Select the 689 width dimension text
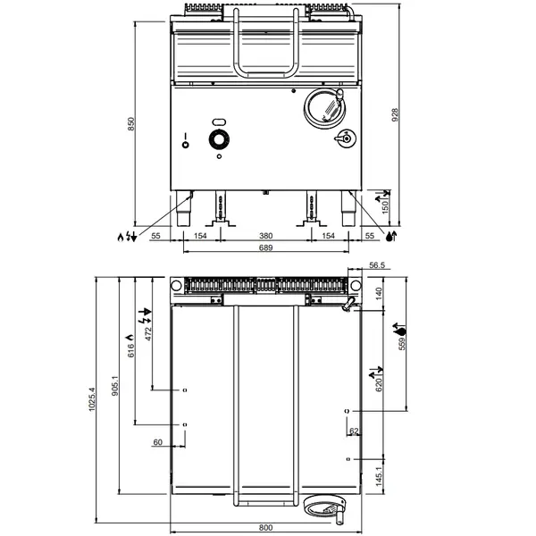pos(265,248)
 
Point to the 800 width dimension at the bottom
pos(266,527)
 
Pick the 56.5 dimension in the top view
pos(376,265)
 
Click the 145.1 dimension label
pos(378,477)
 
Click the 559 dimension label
pos(401,346)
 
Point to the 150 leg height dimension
pos(385,206)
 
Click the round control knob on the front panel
pos(217,139)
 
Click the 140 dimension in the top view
pos(378,292)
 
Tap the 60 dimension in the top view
pos(157,441)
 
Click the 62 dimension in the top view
pos(354,431)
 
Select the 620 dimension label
pos(378,386)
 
